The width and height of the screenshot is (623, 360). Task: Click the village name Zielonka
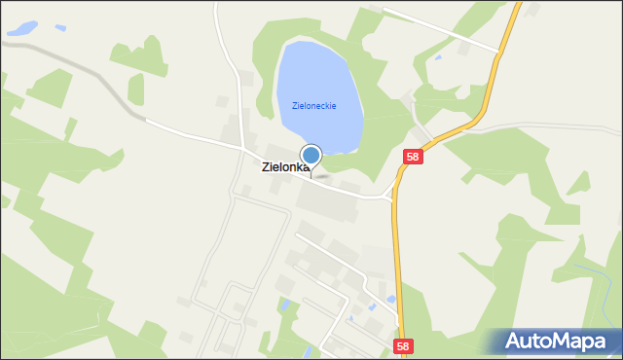pyautogui.click(x=285, y=167)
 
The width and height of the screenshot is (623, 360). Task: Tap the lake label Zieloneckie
pyautogui.click(x=313, y=106)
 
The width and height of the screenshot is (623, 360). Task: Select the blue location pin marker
pyautogui.click(x=311, y=156)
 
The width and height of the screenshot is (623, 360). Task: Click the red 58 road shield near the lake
pyautogui.click(x=414, y=158)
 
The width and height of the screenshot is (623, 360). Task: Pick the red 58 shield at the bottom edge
pyautogui.click(x=403, y=345)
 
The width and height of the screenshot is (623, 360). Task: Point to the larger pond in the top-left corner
pyautogui.click(x=23, y=28)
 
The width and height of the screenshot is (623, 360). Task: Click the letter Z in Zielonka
pyautogui.click(x=267, y=167)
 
